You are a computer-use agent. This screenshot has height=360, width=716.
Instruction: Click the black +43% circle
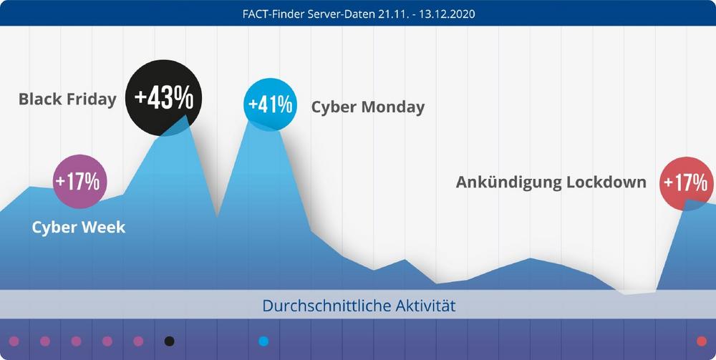click(x=163, y=99)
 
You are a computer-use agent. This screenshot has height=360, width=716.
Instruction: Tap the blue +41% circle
click(x=270, y=104)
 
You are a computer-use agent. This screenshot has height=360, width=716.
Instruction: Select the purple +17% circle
click(x=80, y=181)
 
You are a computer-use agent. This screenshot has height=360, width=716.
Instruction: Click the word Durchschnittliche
click(x=326, y=306)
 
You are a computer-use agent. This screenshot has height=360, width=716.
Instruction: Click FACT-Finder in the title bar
click(x=270, y=13)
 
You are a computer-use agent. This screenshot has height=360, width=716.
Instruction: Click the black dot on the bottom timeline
click(x=169, y=341)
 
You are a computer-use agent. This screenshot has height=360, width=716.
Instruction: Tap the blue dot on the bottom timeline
click(x=263, y=341)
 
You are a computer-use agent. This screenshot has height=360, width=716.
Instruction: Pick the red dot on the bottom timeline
click(x=701, y=341)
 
